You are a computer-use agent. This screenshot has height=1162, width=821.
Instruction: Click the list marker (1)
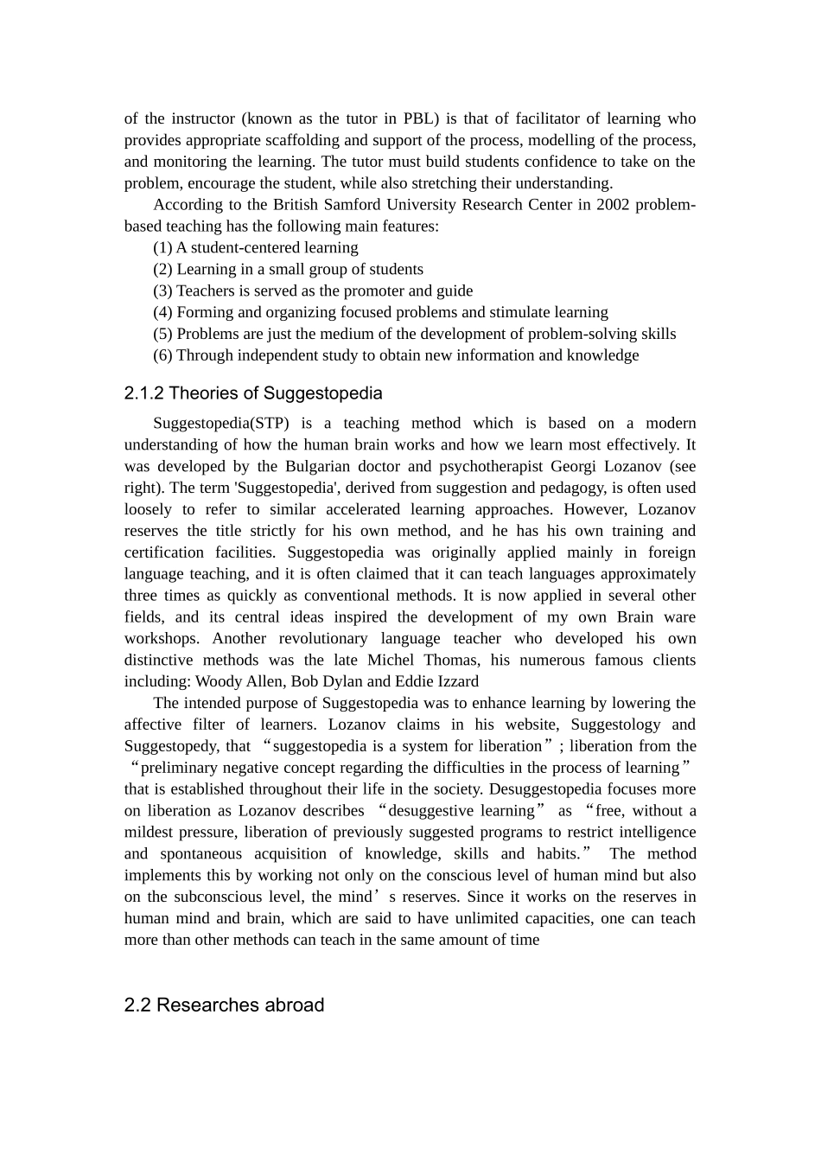click(162, 248)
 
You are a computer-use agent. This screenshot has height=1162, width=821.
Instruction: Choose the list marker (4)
click(162, 312)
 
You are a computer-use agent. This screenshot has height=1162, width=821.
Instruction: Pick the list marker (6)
click(162, 355)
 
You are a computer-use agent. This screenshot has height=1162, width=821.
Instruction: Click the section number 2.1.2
click(143, 393)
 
